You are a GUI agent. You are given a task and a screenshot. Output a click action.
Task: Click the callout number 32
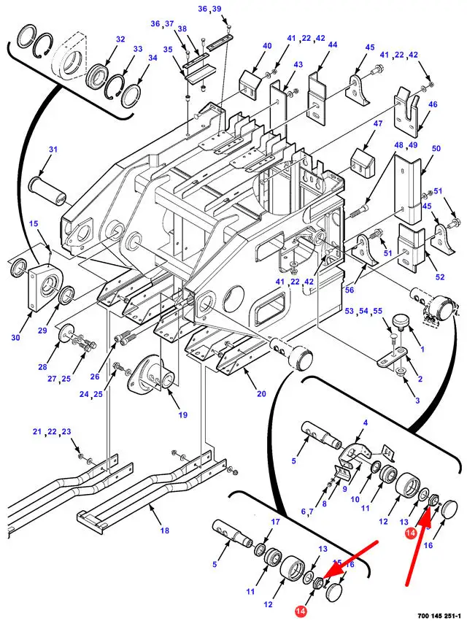[x=120, y=39]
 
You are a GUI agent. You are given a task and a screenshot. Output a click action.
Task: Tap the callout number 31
[x=53, y=150]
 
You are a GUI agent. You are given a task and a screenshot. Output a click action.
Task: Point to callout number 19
[x=182, y=415]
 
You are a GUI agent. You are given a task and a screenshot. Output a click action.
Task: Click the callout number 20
[x=261, y=393]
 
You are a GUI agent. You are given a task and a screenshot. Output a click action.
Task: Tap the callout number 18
[x=165, y=531]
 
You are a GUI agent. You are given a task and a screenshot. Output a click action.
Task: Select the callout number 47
[x=378, y=123]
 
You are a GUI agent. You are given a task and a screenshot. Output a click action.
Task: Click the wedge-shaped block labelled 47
[x=363, y=163]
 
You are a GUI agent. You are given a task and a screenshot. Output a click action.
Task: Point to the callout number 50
[x=436, y=149]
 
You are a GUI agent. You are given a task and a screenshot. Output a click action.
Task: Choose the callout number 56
[x=349, y=290]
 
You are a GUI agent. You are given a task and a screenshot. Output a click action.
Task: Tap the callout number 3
[x=417, y=401]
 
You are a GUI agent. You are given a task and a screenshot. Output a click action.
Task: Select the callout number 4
[x=365, y=423]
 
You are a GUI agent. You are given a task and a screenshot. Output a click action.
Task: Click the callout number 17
[x=275, y=522]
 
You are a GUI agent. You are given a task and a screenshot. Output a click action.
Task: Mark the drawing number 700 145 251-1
[x=439, y=616]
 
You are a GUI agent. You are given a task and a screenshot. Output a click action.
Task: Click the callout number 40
[x=267, y=45]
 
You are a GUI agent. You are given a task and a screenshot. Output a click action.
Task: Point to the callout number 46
[x=433, y=104]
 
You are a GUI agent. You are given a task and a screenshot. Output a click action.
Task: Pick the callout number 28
[x=42, y=367]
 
